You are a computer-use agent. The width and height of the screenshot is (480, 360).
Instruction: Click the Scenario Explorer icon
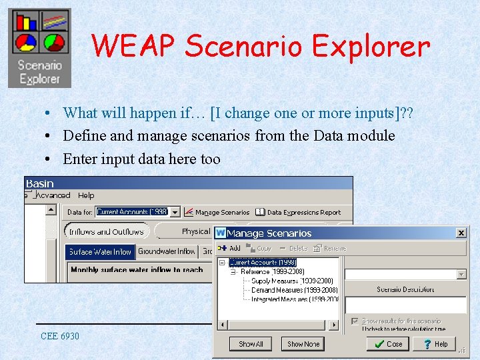point(39,48)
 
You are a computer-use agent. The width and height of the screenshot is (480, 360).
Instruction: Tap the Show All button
point(251,344)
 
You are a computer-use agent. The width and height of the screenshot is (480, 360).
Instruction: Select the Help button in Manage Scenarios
point(434,344)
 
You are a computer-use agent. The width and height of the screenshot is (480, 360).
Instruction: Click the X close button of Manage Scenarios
point(461,233)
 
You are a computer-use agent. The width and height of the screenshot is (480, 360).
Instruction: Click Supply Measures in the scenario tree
point(293,281)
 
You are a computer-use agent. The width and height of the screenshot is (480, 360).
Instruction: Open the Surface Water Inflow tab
point(100,252)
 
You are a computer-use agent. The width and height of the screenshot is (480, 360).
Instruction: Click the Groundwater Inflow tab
point(167,252)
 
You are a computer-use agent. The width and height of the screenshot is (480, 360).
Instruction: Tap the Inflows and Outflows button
point(107,231)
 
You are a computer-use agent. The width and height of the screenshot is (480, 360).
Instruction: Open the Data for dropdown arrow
point(175,212)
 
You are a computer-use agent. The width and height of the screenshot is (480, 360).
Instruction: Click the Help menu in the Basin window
point(86,195)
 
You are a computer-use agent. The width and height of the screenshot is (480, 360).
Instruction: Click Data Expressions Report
point(303,212)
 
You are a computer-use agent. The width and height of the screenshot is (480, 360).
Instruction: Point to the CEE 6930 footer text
point(60,336)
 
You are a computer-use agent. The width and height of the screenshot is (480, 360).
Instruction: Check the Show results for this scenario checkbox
point(355,321)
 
